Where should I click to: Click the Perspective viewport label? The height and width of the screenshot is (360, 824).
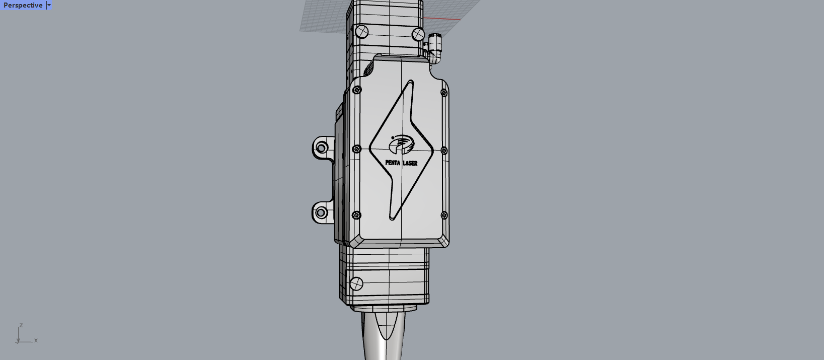tap(23, 5)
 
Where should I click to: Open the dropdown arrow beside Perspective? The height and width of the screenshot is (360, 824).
tap(49, 5)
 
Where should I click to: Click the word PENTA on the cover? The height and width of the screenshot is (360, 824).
tap(393, 163)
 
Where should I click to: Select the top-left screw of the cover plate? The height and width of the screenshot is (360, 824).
tap(357, 90)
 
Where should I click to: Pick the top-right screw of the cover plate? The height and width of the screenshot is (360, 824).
tap(443, 93)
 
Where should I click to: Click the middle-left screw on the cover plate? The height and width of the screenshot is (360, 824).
tap(356, 149)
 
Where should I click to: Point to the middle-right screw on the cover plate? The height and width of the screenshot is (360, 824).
tap(444, 151)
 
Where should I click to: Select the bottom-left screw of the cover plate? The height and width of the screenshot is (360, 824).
tap(356, 215)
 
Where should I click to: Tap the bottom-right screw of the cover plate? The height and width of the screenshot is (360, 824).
tap(444, 215)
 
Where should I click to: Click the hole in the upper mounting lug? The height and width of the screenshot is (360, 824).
tap(321, 148)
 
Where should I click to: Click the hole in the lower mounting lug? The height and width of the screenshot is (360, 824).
tap(321, 213)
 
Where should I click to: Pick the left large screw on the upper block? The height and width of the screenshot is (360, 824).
tap(362, 32)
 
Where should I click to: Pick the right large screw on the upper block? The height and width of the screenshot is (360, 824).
tap(418, 34)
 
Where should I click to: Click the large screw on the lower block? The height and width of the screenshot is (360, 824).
tap(356, 284)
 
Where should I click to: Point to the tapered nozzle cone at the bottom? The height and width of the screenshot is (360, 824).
tap(385, 335)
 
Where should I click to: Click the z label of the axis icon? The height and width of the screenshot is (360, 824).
tap(21, 325)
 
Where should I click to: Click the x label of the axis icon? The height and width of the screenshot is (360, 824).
tap(36, 340)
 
